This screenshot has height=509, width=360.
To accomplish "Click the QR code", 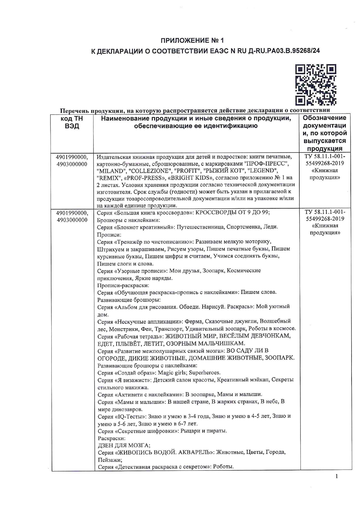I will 316,85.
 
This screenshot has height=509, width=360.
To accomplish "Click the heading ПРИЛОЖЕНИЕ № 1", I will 192,40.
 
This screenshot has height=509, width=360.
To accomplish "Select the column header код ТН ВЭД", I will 72,122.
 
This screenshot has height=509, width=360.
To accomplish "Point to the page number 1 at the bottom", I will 337,484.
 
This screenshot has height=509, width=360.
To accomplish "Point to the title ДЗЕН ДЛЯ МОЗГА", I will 124,445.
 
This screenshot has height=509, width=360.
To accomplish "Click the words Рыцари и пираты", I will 204,431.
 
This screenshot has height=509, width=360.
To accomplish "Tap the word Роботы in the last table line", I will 224,467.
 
